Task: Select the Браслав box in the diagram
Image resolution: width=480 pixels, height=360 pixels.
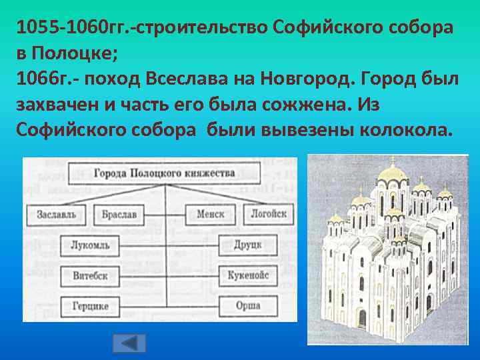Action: tap(119, 215)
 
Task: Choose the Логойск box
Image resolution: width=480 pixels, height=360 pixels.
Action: tap(268, 215)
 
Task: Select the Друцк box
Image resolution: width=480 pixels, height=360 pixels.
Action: tap(247, 245)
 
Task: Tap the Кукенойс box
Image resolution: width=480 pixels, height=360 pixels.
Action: tap(247, 275)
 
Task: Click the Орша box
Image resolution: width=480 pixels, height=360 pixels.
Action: tap(247, 305)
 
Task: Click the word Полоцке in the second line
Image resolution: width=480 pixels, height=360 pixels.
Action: tap(67, 53)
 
